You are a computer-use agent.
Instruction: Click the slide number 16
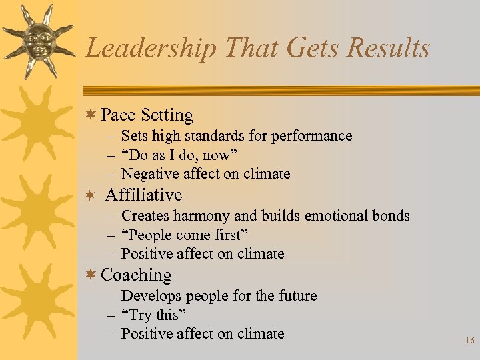click(x=469, y=341)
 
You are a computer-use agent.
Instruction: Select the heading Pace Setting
click(x=147, y=115)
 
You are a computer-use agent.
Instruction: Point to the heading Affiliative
click(x=143, y=195)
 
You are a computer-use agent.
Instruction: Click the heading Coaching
click(x=136, y=275)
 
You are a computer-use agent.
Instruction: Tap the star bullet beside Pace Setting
click(x=91, y=115)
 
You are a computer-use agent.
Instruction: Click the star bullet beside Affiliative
click(x=91, y=195)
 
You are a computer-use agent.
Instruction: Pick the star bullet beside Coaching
click(x=91, y=275)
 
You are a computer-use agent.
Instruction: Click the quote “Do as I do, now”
click(x=179, y=155)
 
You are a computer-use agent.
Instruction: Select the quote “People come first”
click(x=185, y=235)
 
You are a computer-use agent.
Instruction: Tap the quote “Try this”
click(x=153, y=315)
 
